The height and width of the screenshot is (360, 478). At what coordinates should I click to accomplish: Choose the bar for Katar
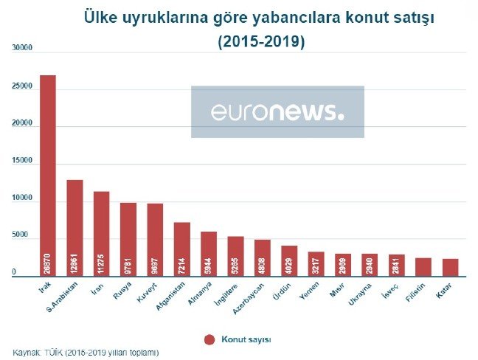pyautogui.click(x=451, y=266)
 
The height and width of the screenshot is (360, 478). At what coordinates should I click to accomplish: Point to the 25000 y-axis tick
pyautogui.click(x=23, y=86)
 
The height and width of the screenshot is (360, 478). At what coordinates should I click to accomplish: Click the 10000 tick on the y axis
pyautogui.click(x=23, y=198)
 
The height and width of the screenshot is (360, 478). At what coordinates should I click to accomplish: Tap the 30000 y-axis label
pyautogui.click(x=23, y=48)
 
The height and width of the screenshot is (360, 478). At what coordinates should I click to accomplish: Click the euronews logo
pyautogui.click(x=277, y=112)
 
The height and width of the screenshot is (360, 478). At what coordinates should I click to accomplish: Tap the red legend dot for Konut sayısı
pyautogui.click(x=209, y=339)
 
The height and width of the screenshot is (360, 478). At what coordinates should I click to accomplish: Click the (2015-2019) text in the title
pyautogui.click(x=261, y=42)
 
